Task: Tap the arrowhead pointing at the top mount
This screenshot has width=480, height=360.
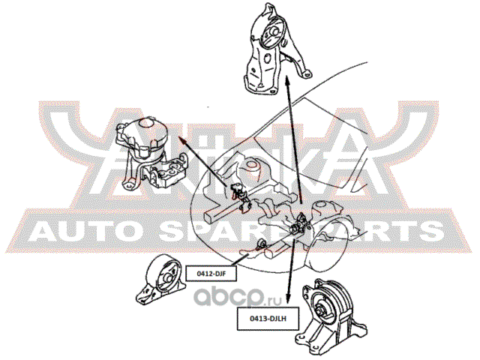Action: pos(287,88)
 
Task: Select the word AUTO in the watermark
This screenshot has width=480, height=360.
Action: pos(82,230)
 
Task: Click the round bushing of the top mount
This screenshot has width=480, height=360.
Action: pos(275,34)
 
